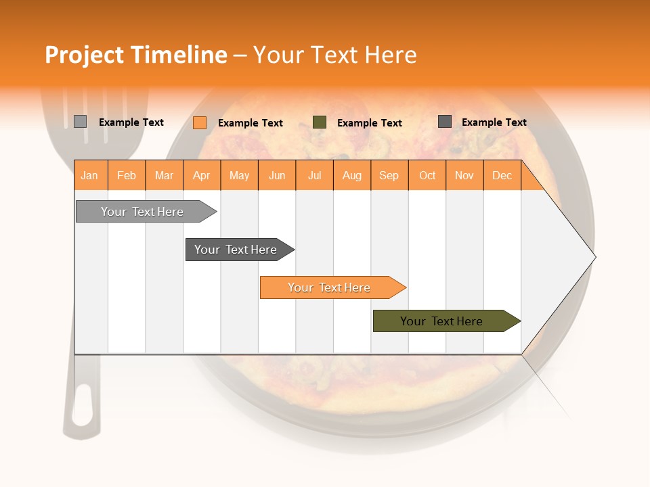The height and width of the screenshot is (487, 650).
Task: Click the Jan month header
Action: [90, 175]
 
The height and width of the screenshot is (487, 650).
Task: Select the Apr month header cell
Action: [202, 175]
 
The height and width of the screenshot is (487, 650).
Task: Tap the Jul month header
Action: [315, 175]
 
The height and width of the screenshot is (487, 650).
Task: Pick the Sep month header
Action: [389, 175]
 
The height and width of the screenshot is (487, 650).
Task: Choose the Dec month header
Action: [502, 175]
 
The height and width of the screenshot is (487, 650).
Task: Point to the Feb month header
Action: [127, 175]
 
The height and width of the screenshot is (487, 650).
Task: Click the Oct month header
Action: [427, 175]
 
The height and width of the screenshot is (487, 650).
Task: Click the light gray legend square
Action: [80, 122]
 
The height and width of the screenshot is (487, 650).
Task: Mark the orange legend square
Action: [200, 122]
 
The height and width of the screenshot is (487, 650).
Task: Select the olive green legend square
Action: [320, 122]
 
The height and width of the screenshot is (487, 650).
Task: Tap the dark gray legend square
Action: [445, 122]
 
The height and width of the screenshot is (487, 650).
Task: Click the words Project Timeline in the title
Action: [136, 55]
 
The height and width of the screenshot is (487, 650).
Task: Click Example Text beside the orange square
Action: [251, 123]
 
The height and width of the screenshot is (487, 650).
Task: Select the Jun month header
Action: [277, 175]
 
